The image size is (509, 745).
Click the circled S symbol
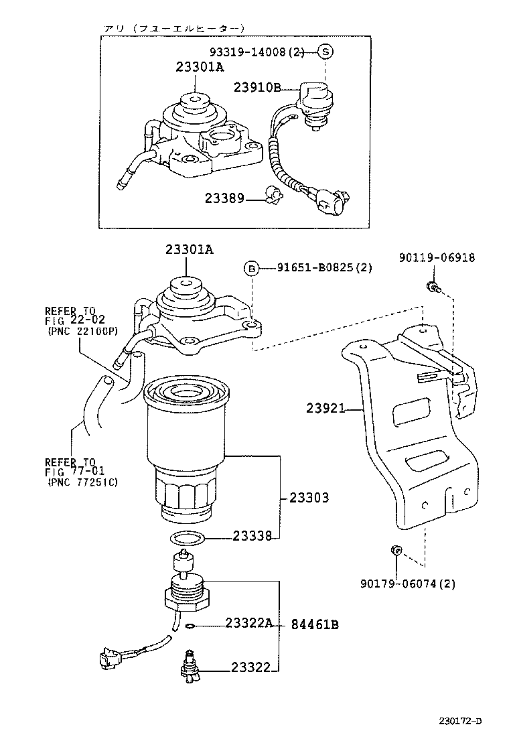tap(324, 52)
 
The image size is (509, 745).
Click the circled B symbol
tap(251, 269)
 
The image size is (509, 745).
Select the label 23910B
tap(257, 87)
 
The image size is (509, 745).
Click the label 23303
tap(309, 498)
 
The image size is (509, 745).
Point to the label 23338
tap(252, 536)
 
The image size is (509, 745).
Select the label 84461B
tap(314, 625)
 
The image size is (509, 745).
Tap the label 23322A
tap(248, 623)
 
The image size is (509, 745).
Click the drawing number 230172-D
tap(460, 721)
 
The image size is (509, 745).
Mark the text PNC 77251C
tap(82, 482)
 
